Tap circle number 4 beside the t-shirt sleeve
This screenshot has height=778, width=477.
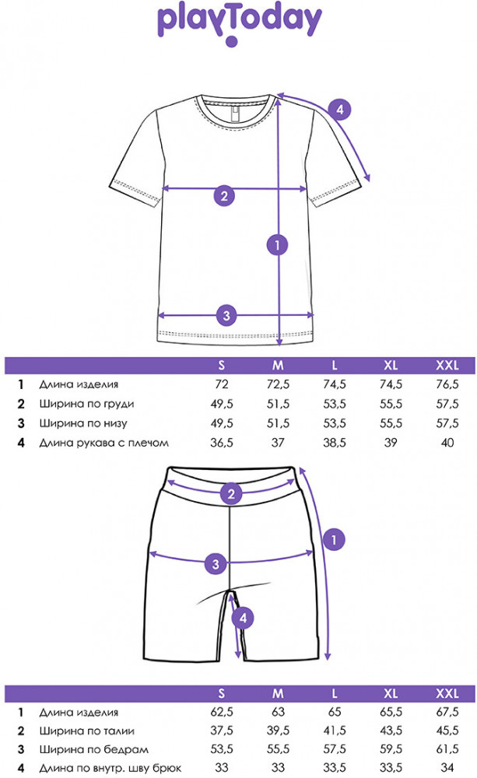(338, 109)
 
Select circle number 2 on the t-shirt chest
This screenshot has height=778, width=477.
(223, 195)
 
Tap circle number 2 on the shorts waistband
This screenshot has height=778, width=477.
(230, 493)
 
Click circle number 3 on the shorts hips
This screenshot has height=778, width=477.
(216, 562)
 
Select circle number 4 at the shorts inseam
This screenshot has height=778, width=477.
(244, 619)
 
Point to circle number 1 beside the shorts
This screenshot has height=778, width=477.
(334, 538)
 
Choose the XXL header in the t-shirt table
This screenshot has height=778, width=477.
(447, 365)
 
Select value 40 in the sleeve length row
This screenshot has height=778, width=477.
(447, 443)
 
